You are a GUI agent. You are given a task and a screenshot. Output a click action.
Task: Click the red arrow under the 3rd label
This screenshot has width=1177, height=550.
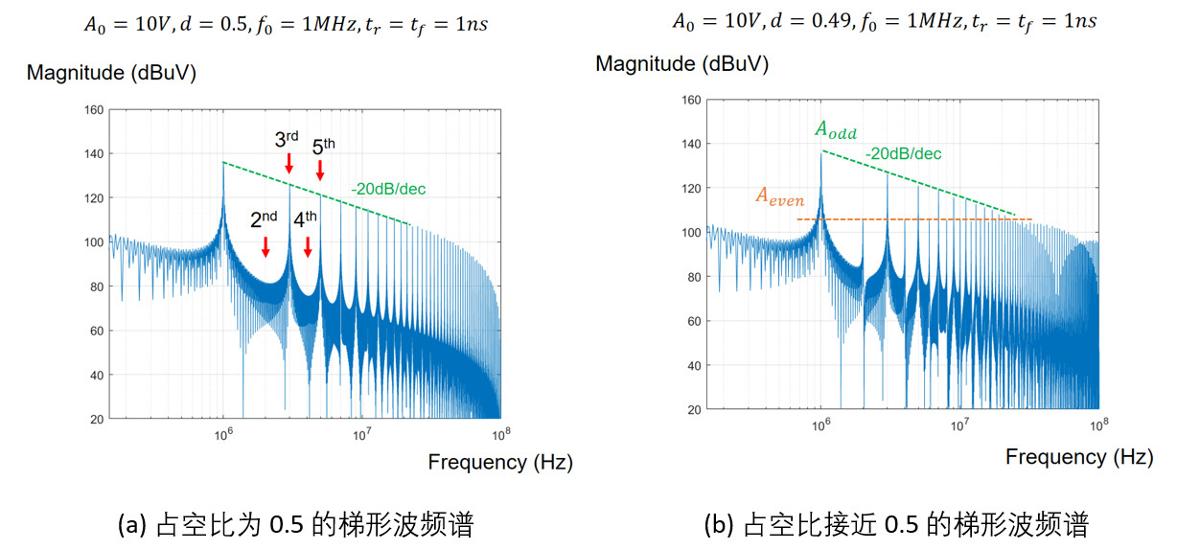tap(289, 163)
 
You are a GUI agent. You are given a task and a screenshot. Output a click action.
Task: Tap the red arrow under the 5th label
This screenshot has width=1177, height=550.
tap(320, 170)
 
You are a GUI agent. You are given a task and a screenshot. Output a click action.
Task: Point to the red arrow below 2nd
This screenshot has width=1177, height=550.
tap(265, 245)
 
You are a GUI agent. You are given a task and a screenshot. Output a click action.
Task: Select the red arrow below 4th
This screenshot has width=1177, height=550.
tap(308, 245)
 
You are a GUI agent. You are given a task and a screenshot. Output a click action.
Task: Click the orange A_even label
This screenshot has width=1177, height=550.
tap(779, 196)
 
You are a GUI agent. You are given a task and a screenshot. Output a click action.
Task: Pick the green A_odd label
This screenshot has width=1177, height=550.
tap(836, 131)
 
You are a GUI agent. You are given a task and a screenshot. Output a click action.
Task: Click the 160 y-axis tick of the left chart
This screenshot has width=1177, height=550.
tap(92, 109)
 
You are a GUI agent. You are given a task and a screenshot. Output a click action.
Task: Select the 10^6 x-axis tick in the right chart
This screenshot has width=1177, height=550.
tap(821, 424)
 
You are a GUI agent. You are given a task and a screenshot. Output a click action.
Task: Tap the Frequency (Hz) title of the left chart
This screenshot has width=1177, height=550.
tap(500, 462)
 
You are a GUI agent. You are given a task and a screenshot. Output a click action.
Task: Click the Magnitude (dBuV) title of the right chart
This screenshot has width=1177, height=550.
tap(681, 64)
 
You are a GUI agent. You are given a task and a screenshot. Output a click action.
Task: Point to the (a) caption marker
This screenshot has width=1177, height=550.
tap(129, 525)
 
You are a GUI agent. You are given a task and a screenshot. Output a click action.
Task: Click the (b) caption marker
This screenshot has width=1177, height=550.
tap(716, 525)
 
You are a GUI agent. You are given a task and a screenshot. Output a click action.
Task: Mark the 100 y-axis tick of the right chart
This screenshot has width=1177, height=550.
tap(689, 232)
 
